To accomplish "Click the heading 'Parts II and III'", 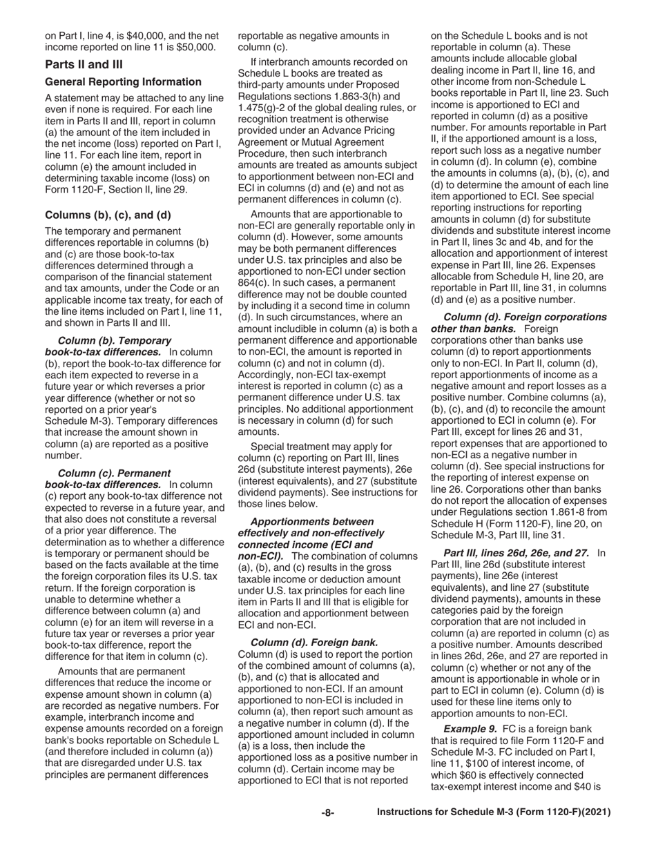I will point(84,65).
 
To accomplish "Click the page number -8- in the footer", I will point(328,813).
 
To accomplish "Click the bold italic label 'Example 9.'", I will point(470,729).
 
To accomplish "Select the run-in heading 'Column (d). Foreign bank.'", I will point(314,642).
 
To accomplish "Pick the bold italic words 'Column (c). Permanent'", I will point(115,473).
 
